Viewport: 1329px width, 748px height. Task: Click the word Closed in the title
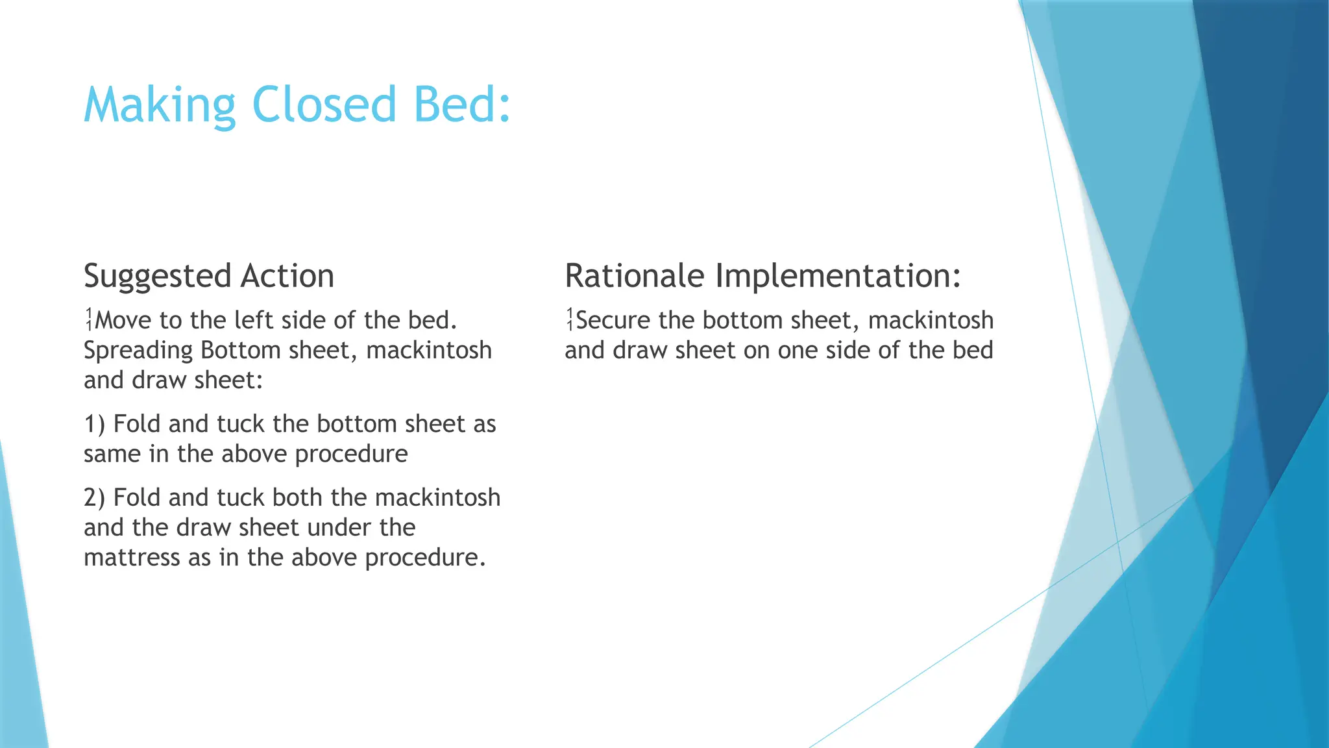coord(324,105)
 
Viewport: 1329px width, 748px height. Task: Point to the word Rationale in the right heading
coord(634,276)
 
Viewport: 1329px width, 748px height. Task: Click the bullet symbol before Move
coord(89,319)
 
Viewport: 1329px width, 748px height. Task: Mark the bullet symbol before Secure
coord(570,319)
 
